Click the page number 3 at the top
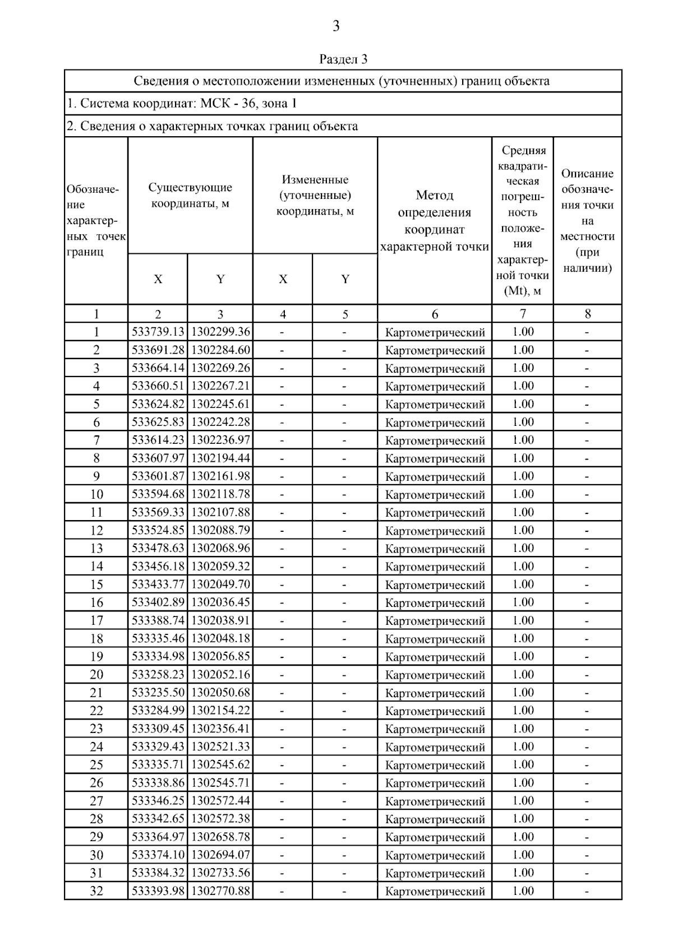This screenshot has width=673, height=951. click(336, 26)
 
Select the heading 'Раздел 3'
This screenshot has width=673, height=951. click(343, 59)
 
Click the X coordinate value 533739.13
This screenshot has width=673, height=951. click(158, 332)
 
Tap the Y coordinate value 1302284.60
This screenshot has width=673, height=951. click(220, 350)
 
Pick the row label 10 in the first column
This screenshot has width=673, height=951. click(96, 494)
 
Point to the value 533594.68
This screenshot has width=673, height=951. click(158, 494)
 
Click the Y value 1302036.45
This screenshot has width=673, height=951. click(220, 602)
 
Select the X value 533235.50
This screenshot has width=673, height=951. click(158, 693)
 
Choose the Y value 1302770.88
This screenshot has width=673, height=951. click(220, 891)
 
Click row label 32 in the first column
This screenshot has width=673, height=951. click(96, 891)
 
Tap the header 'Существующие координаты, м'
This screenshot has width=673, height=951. click(190, 195)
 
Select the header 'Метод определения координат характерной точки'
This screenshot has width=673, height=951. click(435, 221)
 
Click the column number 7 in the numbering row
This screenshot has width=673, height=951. click(523, 314)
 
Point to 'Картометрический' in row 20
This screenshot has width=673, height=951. click(435, 675)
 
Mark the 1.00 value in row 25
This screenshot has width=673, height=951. click(523, 764)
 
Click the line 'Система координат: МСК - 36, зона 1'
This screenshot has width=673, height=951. click(182, 104)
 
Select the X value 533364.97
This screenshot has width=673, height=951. click(158, 837)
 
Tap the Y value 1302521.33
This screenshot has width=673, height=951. click(220, 746)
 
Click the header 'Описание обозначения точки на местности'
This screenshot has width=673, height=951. click(587, 221)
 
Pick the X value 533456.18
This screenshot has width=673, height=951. click(158, 567)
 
